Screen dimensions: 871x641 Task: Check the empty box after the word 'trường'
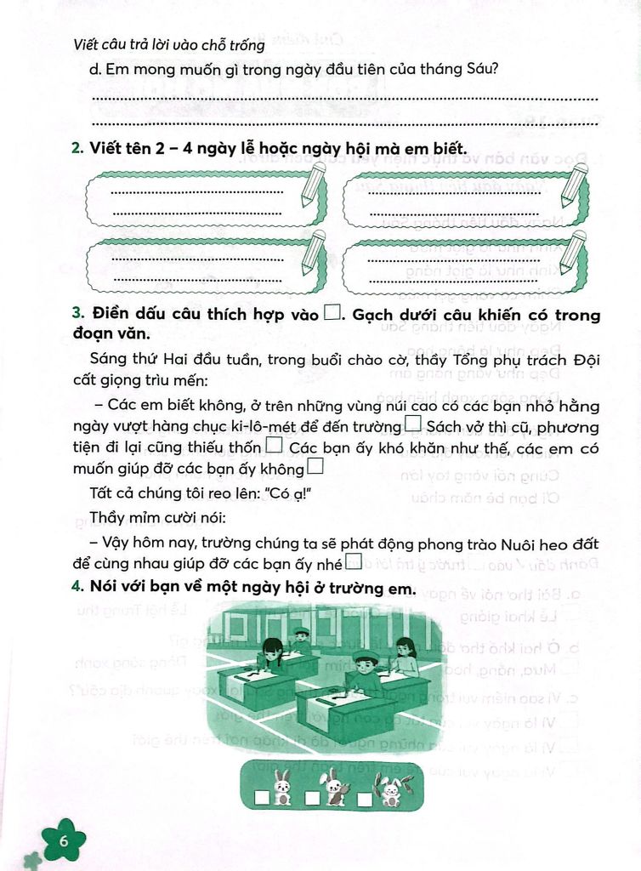coord(414,424)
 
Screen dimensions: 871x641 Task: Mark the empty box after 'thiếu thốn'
coord(274,446)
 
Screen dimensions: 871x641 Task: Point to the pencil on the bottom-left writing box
coord(313,252)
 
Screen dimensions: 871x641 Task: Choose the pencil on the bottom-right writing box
coord(574,252)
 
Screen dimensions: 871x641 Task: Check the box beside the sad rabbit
coord(264,798)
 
